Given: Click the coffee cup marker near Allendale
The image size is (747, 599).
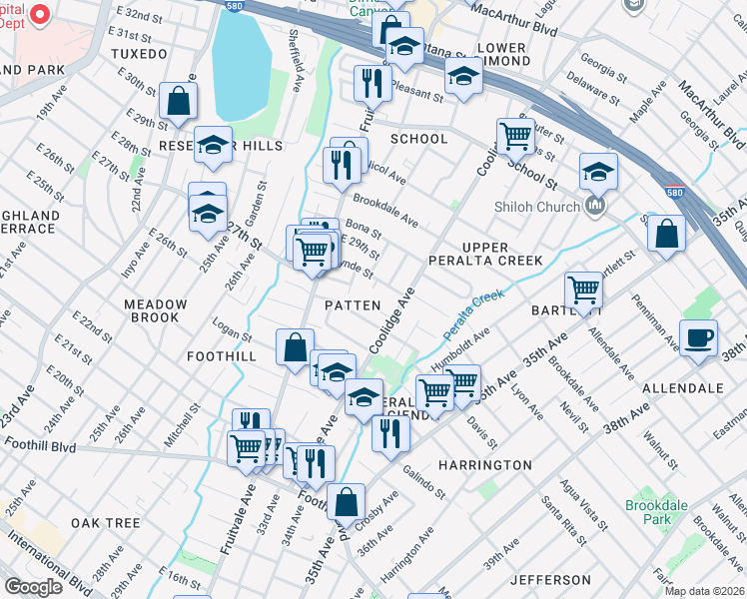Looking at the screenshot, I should click(698, 336).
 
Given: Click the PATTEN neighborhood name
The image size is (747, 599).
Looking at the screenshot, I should click(353, 305).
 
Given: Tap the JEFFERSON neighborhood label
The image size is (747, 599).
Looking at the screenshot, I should click(550, 580).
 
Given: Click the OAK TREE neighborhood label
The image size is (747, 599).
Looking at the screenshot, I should click(105, 523).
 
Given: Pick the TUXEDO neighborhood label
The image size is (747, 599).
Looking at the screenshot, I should click(139, 53).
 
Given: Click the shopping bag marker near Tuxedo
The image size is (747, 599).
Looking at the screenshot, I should click(178, 100).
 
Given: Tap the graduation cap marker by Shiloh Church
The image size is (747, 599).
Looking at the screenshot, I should click(598, 171).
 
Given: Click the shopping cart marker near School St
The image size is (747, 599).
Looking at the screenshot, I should click(515, 134).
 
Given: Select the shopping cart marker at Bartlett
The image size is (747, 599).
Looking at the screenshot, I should click(583, 290).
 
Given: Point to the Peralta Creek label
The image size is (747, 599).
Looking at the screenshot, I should click(474, 310).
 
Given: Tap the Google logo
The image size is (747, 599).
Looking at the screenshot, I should click(32, 587).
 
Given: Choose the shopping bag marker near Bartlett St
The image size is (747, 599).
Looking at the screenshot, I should click(666, 233).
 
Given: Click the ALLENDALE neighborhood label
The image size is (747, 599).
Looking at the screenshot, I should click(682, 387).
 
